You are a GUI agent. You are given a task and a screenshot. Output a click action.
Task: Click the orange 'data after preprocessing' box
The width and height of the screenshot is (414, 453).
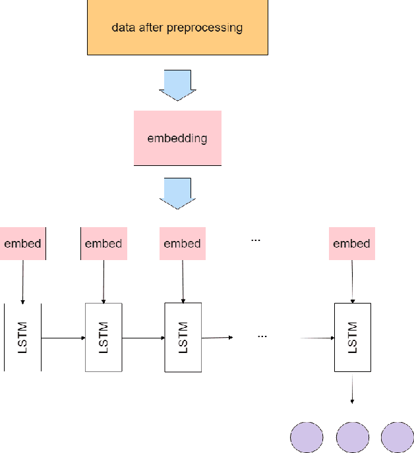[177, 28]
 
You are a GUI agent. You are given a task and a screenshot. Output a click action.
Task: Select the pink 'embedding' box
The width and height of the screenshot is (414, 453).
[177, 138]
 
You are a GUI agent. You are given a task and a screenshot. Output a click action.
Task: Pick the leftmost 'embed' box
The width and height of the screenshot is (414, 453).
[22, 244]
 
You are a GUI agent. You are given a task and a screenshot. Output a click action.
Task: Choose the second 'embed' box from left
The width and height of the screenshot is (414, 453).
[103, 244]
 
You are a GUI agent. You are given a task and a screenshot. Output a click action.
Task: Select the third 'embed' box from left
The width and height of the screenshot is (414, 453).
[182, 244]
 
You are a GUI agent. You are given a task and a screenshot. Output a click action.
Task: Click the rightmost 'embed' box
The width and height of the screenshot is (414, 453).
[351, 244]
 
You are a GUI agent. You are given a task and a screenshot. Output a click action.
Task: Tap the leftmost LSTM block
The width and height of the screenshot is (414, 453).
[22, 337]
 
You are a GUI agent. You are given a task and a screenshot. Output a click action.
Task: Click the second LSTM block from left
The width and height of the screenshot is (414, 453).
[103, 337]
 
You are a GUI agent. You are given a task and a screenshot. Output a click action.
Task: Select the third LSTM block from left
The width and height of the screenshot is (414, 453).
[183, 337]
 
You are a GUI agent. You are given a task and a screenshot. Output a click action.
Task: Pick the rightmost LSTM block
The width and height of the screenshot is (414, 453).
[352, 337]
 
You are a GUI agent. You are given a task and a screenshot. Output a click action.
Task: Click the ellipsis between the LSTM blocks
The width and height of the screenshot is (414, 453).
[262, 336]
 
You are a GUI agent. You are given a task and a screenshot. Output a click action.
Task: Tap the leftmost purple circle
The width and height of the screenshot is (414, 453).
[307, 437]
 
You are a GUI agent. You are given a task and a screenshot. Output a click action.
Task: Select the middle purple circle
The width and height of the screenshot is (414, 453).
[352, 437]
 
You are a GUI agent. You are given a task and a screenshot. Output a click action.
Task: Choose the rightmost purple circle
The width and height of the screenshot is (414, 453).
[398, 437]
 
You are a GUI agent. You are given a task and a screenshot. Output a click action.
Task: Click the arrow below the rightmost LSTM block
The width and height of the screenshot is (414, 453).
[352, 388]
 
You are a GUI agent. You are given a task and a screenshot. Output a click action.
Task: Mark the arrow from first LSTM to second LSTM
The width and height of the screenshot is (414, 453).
[63, 338]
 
